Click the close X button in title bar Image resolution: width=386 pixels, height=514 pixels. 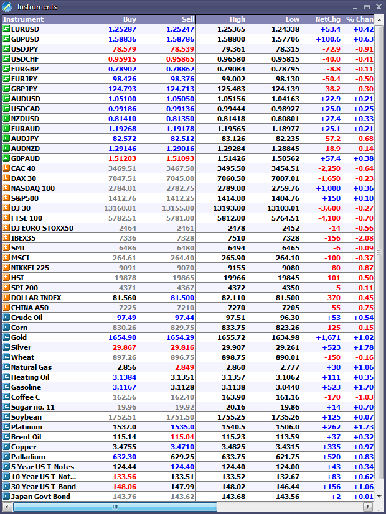click(x=378, y=7)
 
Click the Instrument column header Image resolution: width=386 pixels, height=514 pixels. click(x=23, y=19)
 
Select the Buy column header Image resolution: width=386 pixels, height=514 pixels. click(x=129, y=19)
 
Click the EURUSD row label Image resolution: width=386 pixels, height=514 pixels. click(x=26, y=29)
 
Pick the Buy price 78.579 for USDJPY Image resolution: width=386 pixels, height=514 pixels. click(x=125, y=49)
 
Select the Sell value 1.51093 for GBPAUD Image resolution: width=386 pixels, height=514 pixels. click(x=180, y=158)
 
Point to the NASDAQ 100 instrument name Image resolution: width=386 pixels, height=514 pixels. click(x=33, y=188)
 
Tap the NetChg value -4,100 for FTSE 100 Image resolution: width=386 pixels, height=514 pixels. click(x=328, y=218)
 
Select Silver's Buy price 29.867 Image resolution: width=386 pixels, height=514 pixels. click(x=125, y=347)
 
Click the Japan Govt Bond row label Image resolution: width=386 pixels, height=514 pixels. click(x=40, y=497)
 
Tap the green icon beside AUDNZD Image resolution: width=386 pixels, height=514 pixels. click(x=6, y=149)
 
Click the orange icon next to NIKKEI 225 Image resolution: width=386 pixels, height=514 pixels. click(x=6, y=268)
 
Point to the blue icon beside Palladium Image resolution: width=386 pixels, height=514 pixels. click(x=6, y=457)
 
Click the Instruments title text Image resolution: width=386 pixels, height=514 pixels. click(x=37, y=7)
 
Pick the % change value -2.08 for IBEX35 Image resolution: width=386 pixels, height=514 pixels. click(x=364, y=238)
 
